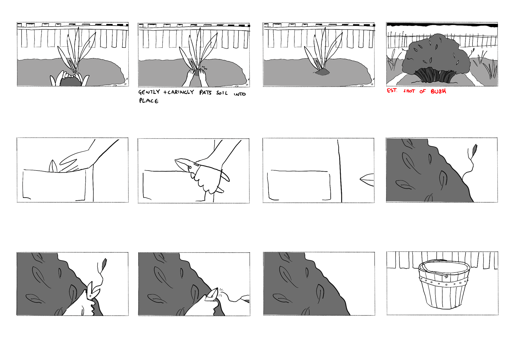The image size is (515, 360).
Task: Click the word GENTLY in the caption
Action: click(x=149, y=92)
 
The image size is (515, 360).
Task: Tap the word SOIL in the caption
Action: click(x=222, y=93)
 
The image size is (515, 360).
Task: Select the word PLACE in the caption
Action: click(x=149, y=101)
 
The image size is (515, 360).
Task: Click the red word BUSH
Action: click(x=438, y=91)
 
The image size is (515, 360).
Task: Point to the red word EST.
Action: click(x=392, y=90)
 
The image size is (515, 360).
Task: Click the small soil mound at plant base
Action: click(x=322, y=72)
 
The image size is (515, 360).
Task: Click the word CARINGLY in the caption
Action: click(x=180, y=92)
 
